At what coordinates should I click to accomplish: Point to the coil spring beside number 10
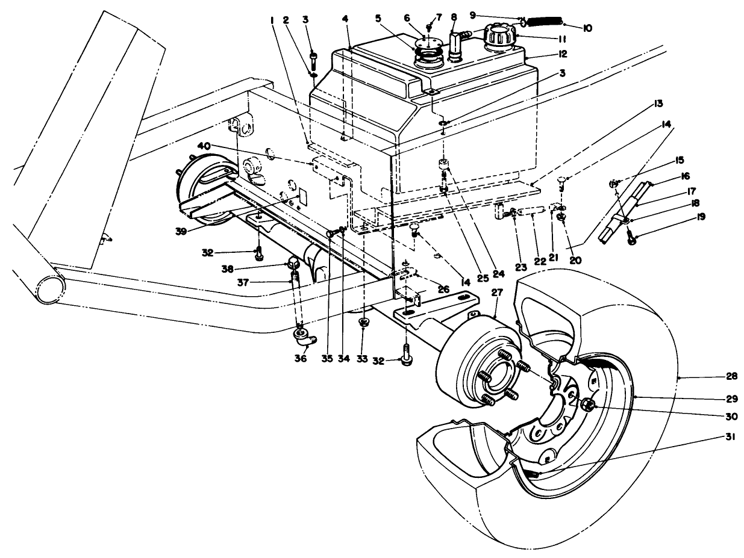point(543,22)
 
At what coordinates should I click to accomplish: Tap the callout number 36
point(301,358)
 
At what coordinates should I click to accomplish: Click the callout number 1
point(273,20)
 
